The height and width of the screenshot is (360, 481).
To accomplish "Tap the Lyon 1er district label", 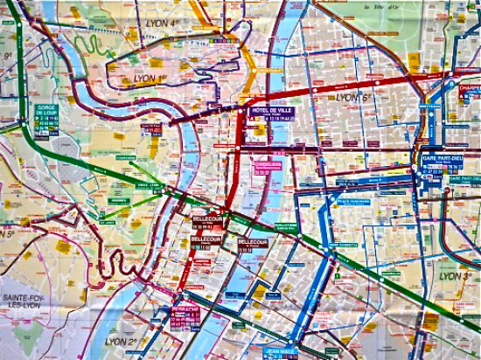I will point(150,78).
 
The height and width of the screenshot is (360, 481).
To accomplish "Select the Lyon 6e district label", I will point(353,97).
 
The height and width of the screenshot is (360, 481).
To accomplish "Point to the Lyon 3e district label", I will point(457,275).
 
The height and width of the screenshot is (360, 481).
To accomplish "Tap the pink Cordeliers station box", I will point(265,167).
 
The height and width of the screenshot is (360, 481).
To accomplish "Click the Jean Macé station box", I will point(281,352).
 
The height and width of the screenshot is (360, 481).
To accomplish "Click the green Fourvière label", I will point(122,158).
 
